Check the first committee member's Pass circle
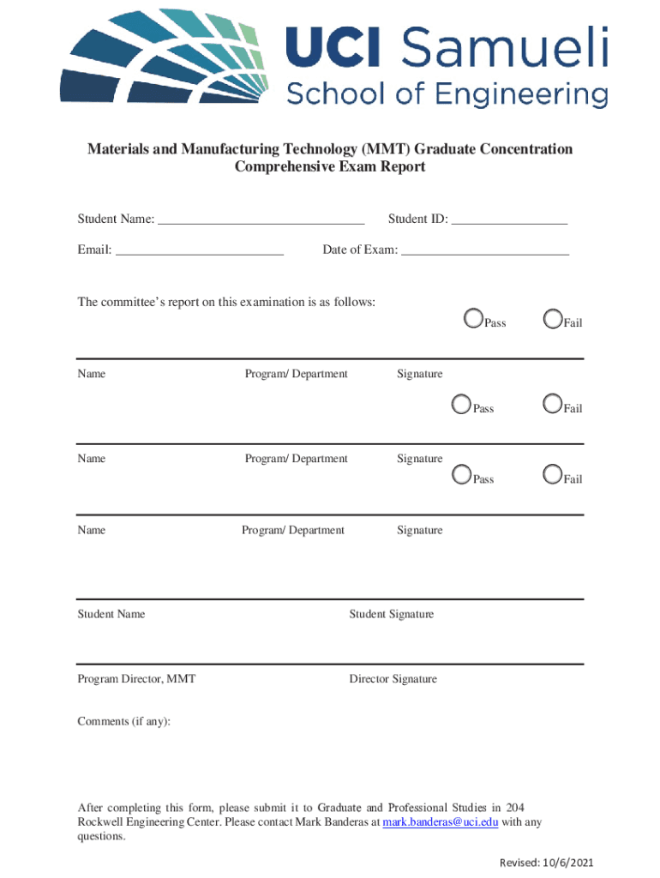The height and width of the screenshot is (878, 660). [473, 319]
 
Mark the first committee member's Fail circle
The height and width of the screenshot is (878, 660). [553, 319]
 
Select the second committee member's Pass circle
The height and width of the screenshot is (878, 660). [462, 405]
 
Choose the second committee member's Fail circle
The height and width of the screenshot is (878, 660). [553, 405]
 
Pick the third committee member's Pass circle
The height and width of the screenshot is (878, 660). [462, 475]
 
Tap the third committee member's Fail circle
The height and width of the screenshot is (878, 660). [553, 475]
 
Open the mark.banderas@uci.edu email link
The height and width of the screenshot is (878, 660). [441, 822]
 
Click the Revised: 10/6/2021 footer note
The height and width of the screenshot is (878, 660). [547, 862]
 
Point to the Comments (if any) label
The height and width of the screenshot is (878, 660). [124, 721]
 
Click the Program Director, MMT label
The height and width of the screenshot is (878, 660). [136, 679]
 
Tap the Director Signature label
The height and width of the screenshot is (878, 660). [393, 679]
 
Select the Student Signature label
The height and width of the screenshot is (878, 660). [391, 614]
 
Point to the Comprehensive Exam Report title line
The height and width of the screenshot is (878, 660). [330, 167]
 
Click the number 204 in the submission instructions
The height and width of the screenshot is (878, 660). [515, 808]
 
